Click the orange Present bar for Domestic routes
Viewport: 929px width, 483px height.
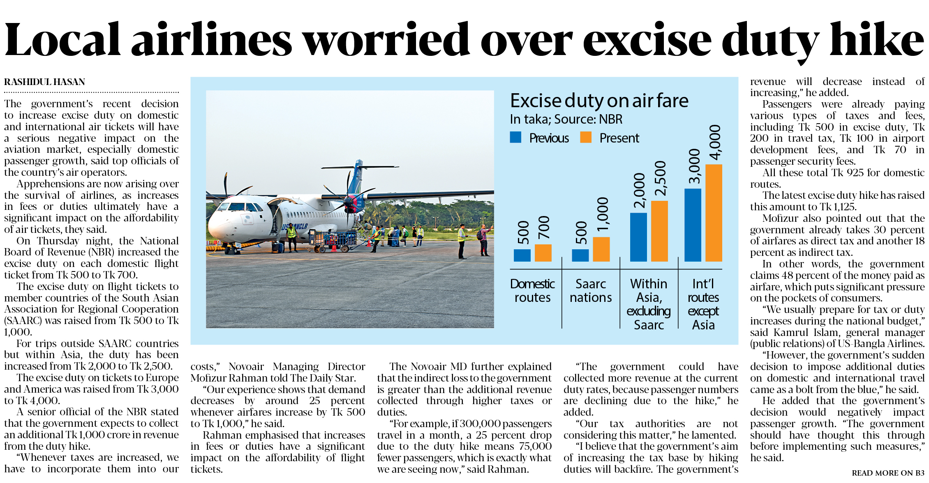(543, 253)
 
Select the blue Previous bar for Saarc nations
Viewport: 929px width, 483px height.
(580, 255)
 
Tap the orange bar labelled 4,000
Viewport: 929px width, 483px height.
(714, 213)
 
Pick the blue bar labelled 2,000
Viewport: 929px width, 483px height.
(638, 237)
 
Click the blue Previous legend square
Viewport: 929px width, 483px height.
(515, 137)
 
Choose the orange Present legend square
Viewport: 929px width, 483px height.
(586, 137)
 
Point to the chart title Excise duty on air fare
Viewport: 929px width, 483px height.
(599, 101)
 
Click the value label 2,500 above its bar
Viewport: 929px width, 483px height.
(660, 178)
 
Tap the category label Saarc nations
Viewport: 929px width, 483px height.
(591, 290)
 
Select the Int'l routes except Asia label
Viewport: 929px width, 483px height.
(703, 304)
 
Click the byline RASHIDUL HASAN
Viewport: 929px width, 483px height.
(44, 82)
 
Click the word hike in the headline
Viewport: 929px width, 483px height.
(876, 40)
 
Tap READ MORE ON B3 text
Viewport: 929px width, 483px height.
(888, 473)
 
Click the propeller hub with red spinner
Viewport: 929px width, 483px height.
(350, 202)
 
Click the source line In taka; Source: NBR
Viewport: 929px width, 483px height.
(566, 119)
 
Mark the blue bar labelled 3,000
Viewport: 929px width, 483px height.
(693, 225)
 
